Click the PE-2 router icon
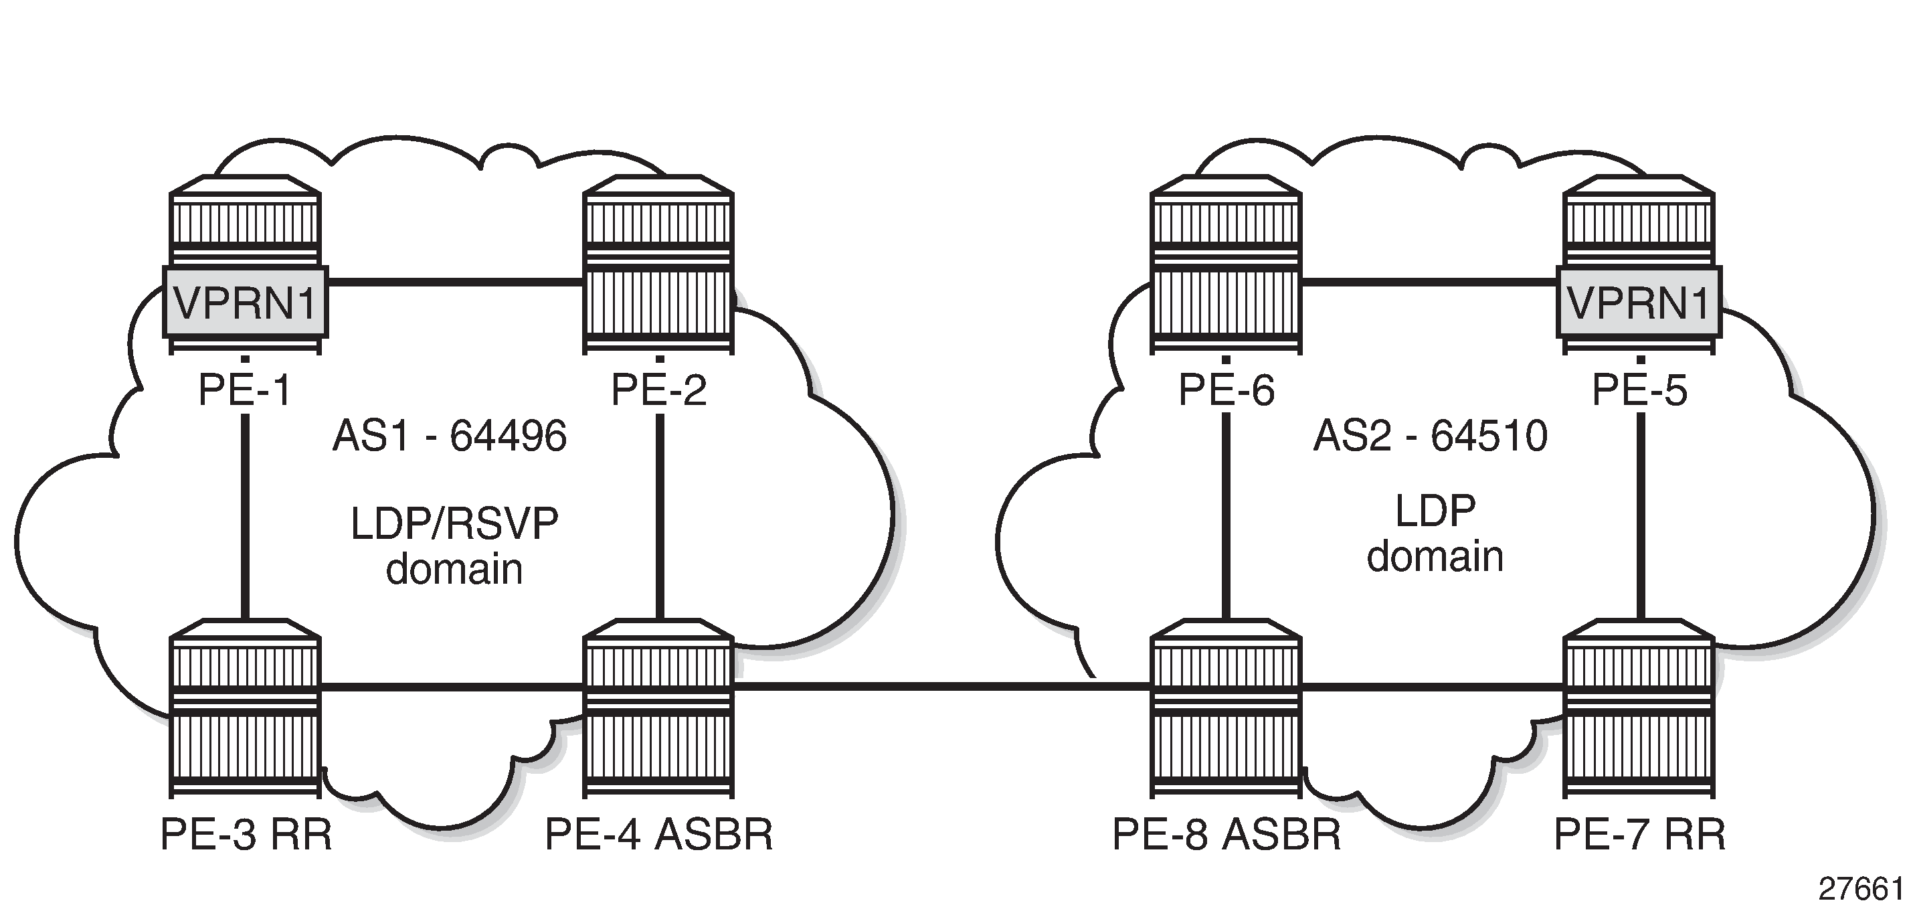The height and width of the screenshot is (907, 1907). (658, 265)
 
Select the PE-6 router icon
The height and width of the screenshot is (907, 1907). (1226, 265)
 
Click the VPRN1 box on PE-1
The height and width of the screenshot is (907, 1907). (245, 302)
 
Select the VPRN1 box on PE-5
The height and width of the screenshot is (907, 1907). (1639, 302)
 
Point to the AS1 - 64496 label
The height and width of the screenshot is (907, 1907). (450, 435)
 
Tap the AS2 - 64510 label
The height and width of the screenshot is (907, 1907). (1431, 435)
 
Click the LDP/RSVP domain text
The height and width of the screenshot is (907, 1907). (454, 546)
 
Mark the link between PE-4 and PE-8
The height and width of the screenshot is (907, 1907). (940, 687)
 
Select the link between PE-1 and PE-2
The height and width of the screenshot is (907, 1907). (453, 281)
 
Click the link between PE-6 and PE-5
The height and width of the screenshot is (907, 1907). (1429, 281)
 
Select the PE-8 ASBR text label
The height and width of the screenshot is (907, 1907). (1226, 835)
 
